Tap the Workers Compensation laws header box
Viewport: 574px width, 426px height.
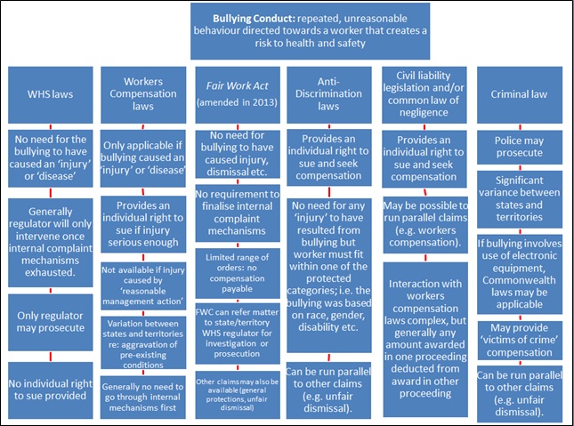pos(142,93)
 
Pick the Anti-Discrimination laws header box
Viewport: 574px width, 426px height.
pos(329,93)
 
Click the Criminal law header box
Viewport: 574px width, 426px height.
pos(516,93)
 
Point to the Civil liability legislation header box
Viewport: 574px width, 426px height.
pos(423,93)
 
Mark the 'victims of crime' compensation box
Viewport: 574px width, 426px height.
pos(516,336)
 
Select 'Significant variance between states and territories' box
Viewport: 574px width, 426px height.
pos(516,200)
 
